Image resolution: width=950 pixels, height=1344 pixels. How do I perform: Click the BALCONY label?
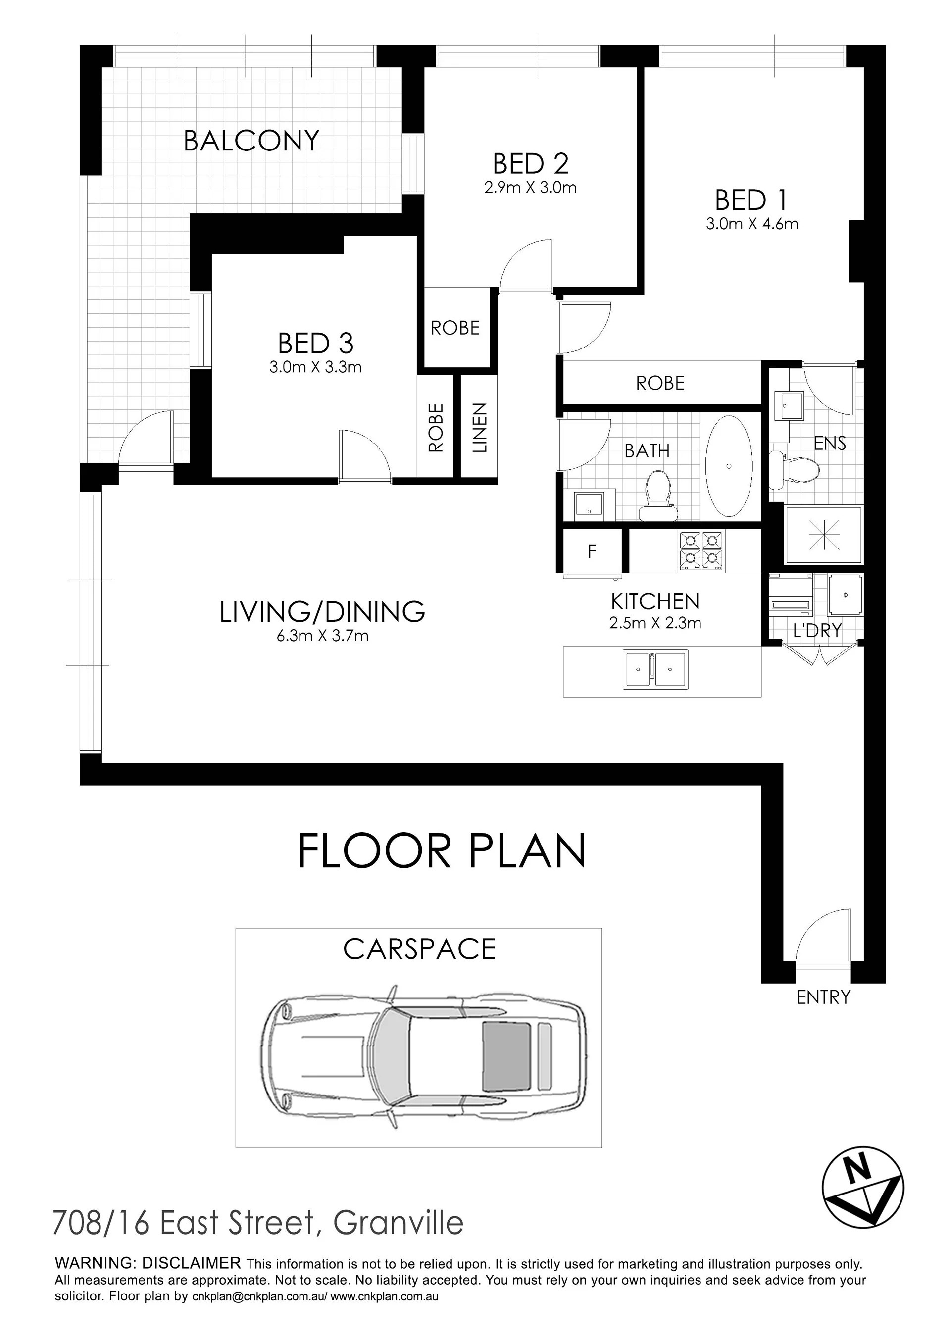(251, 141)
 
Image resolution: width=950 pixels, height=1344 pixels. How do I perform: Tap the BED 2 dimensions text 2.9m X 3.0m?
(530, 188)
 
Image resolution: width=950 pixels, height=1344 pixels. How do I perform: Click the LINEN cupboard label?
(479, 427)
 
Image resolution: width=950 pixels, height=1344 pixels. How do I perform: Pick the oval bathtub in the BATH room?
(729, 466)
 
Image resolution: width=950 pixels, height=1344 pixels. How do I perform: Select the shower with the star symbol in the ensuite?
(824, 536)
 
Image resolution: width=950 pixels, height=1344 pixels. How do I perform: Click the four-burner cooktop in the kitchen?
(700, 551)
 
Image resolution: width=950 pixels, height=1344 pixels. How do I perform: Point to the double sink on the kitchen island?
(655, 668)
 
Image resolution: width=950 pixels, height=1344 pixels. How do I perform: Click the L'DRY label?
(817, 631)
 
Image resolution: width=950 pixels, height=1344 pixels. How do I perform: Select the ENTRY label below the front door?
(823, 997)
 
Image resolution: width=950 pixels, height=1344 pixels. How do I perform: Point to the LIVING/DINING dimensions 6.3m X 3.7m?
(322, 636)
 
